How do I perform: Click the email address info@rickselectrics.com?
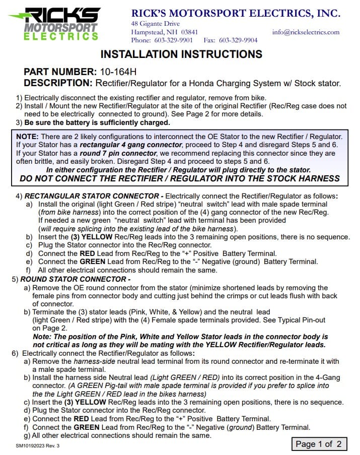coord(306,32)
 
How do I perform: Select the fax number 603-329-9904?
coord(238,40)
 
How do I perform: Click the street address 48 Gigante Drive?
coord(155,24)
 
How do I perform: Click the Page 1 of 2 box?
coord(318,444)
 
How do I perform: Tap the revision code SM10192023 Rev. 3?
coord(41,445)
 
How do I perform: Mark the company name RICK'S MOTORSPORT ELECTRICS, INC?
coord(235,13)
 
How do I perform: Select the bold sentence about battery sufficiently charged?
coord(97,122)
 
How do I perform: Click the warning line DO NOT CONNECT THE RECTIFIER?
coord(180,178)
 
